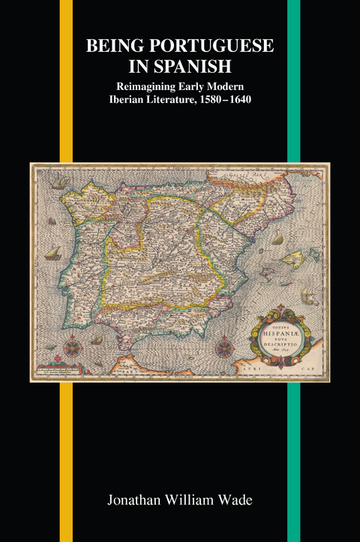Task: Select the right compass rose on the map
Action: point(224,348)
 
